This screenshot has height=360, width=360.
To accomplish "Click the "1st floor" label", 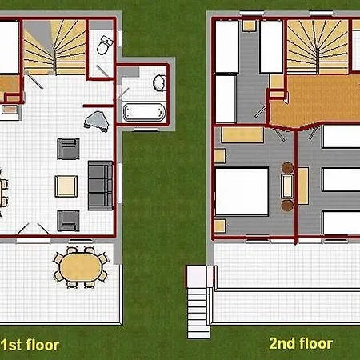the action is (x=30, y=345).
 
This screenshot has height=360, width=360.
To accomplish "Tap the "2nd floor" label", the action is (x=301, y=343).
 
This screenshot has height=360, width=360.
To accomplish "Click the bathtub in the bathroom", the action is (x=144, y=112).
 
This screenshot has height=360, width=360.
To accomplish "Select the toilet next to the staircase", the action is (x=105, y=46).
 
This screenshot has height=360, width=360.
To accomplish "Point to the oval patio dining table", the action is (x=80, y=267).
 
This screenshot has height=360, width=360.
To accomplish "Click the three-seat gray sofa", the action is (x=101, y=186).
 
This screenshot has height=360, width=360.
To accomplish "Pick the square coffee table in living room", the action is (x=66, y=186).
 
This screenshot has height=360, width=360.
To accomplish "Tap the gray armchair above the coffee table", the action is (x=68, y=149).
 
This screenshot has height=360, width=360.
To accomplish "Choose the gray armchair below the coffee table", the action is (x=68, y=221).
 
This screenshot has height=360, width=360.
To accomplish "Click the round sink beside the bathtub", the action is (x=159, y=83).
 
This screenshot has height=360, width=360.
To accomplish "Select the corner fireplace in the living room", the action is (x=97, y=122).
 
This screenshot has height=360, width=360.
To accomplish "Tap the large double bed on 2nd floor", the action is (x=242, y=191).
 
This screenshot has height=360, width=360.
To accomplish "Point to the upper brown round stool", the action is (x=287, y=168).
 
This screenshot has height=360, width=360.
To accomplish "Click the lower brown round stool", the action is (x=287, y=206).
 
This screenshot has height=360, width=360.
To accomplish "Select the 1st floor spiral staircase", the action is (x=54, y=47).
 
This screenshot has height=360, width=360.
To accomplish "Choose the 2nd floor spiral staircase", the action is (x=318, y=47).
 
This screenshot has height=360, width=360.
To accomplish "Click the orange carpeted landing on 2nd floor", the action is (x=314, y=102).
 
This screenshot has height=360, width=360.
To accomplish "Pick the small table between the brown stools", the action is (x=287, y=186).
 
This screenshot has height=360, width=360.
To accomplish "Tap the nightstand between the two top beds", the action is (x=250, y=26).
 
